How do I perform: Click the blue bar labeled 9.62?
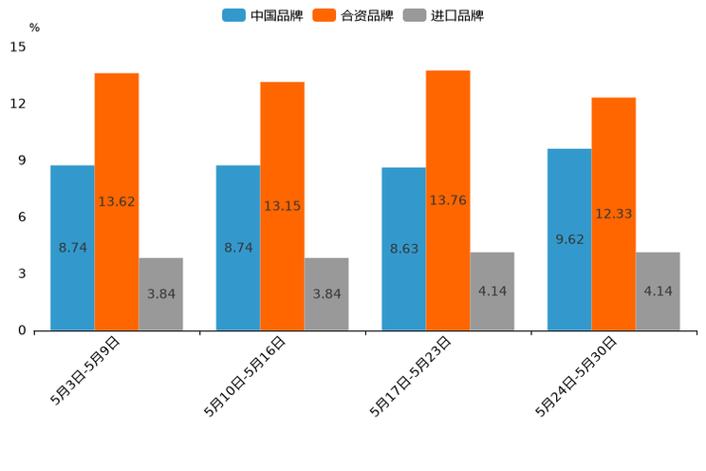point(568,239)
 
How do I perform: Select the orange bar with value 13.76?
point(448,200)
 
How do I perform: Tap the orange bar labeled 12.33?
point(613,214)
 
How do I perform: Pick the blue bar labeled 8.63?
point(403,249)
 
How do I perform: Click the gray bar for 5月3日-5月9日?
point(160,294)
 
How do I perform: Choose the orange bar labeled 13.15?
point(282,206)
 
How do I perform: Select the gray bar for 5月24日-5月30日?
point(658,292)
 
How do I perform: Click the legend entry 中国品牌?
point(263,15)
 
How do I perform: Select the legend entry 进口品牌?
point(444,15)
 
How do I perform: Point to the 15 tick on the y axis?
point(18,47)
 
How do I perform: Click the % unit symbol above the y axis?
point(34,28)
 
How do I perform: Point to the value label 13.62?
point(116,201)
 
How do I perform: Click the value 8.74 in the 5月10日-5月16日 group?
point(238,248)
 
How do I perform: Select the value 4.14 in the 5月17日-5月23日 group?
point(492,292)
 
